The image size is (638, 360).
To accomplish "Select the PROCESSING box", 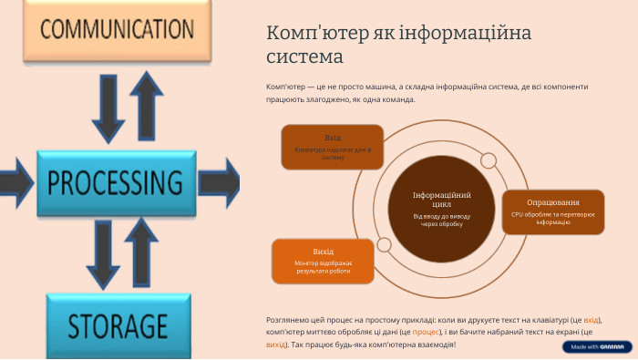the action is pos(117,180).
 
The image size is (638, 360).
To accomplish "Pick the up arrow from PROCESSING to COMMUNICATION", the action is pos(146,102).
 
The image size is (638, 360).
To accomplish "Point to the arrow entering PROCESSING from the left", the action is pos(15,175).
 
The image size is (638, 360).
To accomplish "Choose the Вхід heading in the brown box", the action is pos(333,138).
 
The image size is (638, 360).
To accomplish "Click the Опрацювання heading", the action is pos(552,202).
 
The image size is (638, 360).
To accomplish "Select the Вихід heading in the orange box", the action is pos(323,251).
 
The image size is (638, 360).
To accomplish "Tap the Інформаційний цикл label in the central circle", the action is pos(441,201).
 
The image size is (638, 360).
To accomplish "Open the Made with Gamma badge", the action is pos(597,346).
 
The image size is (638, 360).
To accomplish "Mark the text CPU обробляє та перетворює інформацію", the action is pos(552,218).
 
